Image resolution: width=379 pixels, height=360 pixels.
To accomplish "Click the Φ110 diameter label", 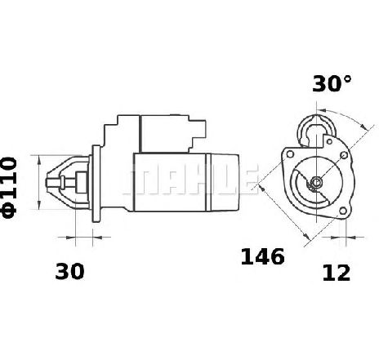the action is point(9,188).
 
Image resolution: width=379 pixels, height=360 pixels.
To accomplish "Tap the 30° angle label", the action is point(332,83).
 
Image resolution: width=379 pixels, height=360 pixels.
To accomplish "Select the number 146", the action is point(262,256).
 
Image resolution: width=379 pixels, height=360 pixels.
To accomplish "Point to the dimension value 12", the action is point(336,273).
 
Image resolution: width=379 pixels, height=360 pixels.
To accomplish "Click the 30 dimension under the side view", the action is point(69,271).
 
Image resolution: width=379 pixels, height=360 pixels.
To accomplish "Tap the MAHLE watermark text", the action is point(190,180).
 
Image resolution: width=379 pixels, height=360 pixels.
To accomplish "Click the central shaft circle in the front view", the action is point(316,182).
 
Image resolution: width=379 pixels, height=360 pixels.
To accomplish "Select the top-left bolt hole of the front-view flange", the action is point(290,154).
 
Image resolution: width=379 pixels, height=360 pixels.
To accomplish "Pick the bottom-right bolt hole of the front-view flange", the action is point(343,211).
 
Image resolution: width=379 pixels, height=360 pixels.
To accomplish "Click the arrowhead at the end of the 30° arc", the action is point(363,126).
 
